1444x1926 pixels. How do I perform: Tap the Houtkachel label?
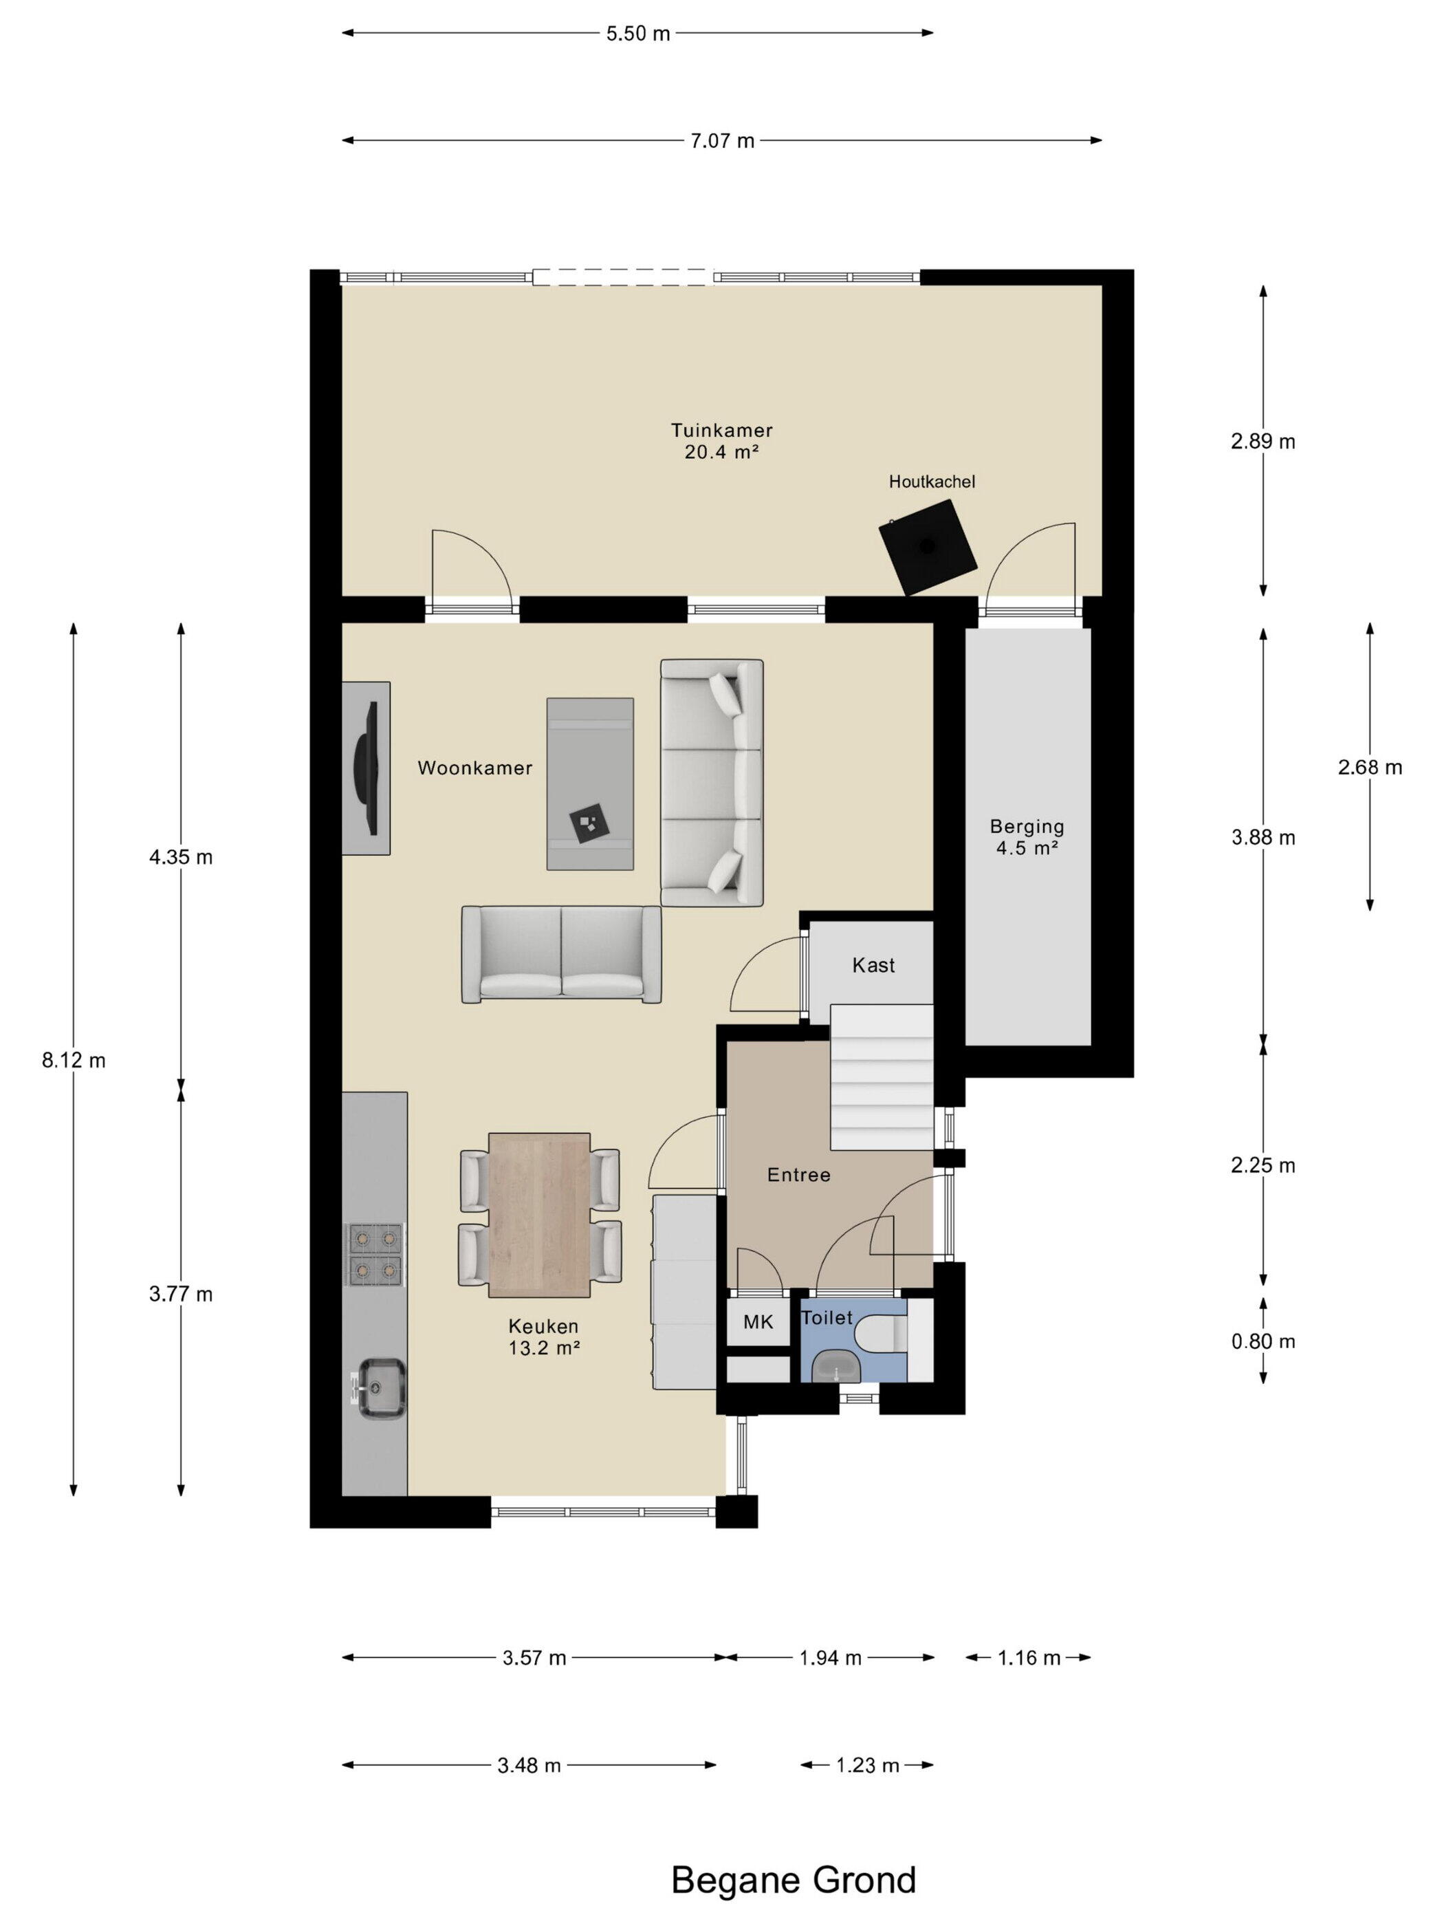point(931,481)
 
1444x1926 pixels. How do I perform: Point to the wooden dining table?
point(539,1215)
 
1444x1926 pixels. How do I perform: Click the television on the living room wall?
point(366,768)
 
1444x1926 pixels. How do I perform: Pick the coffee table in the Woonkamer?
point(589,783)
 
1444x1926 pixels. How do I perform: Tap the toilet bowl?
point(881,1334)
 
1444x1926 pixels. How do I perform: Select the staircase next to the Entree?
point(881,1077)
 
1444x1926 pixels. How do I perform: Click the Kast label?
point(873,965)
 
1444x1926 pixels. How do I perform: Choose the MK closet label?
point(757,1322)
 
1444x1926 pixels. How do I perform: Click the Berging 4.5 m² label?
point(1027,836)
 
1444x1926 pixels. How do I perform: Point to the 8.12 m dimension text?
point(74,1060)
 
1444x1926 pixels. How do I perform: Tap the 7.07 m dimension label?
point(723,140)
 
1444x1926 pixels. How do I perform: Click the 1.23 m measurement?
point(867,1765)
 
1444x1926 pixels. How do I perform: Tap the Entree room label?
point(798,1175)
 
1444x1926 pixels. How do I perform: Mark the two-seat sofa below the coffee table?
point(561,954)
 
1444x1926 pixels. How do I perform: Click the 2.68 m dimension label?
point(1370,767)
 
